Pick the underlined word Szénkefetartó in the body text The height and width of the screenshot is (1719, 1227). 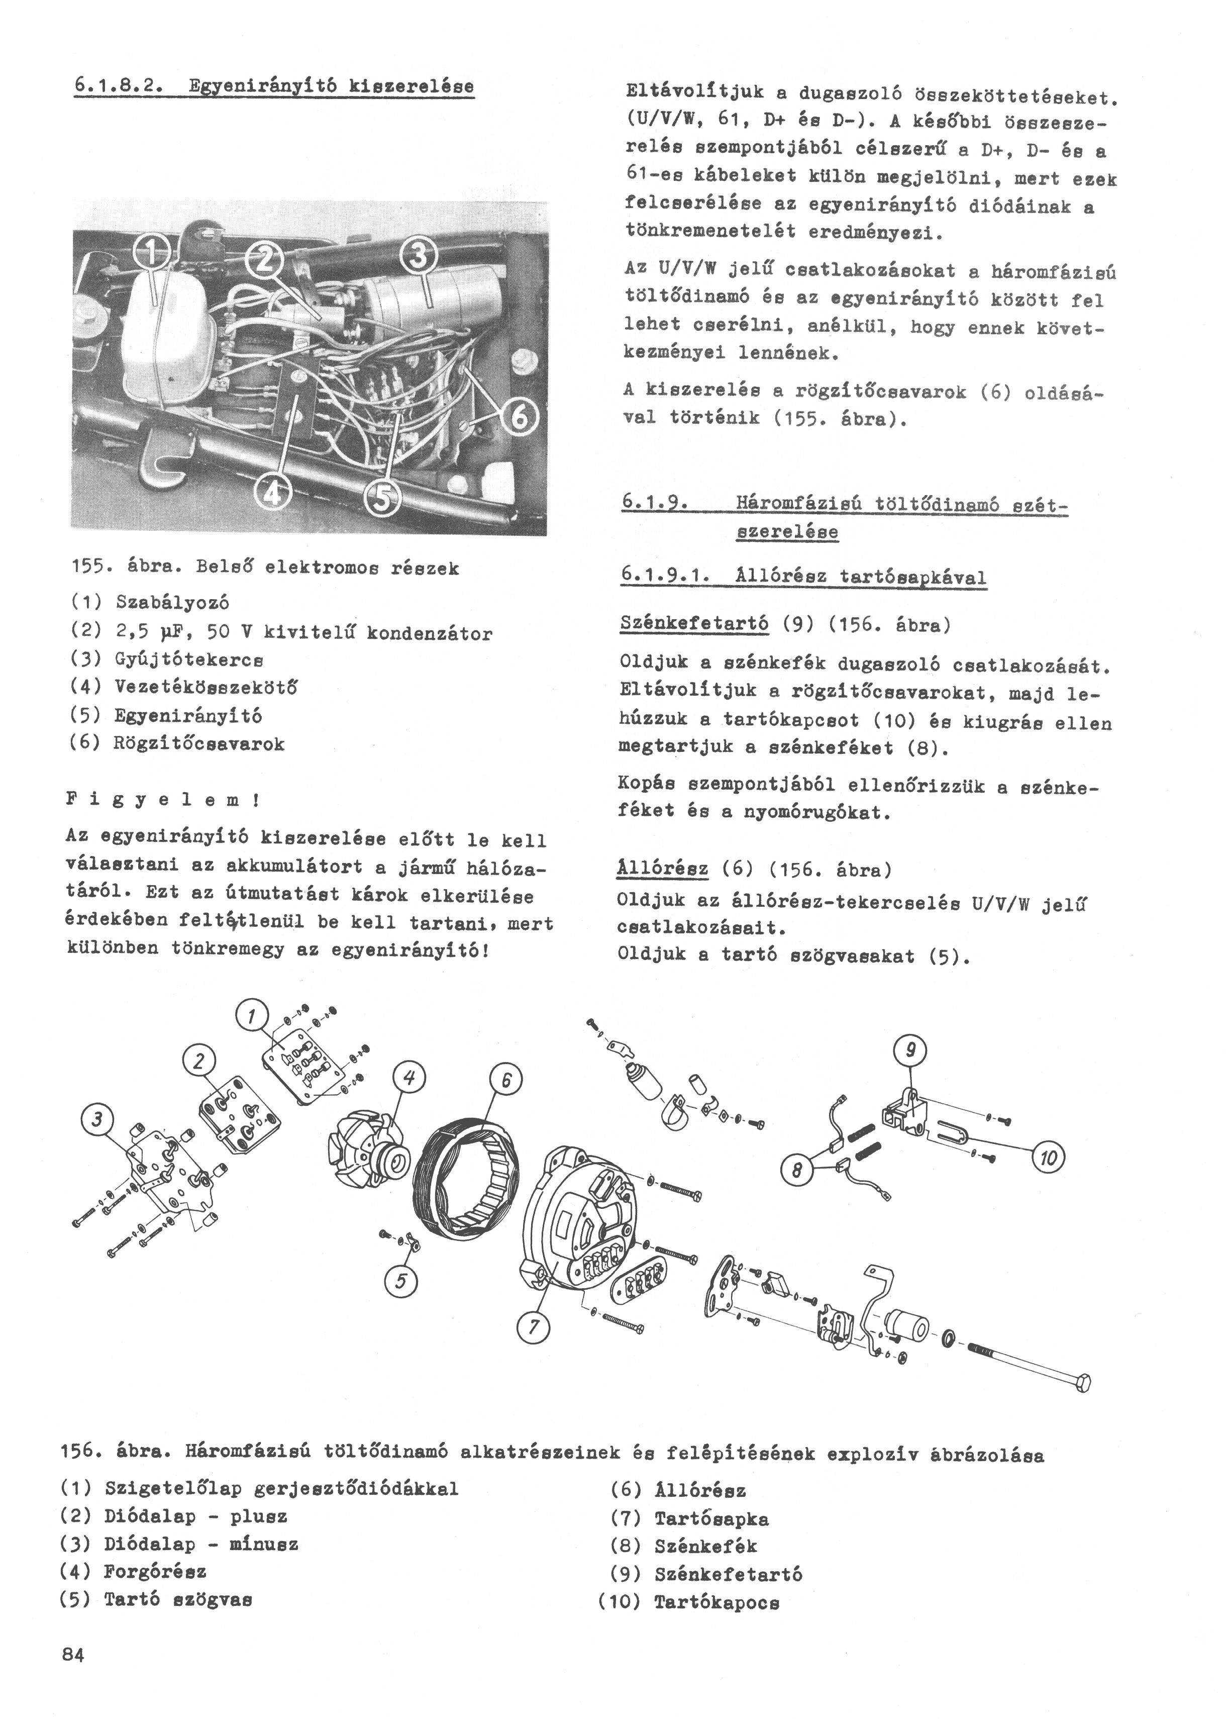point(693,624)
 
